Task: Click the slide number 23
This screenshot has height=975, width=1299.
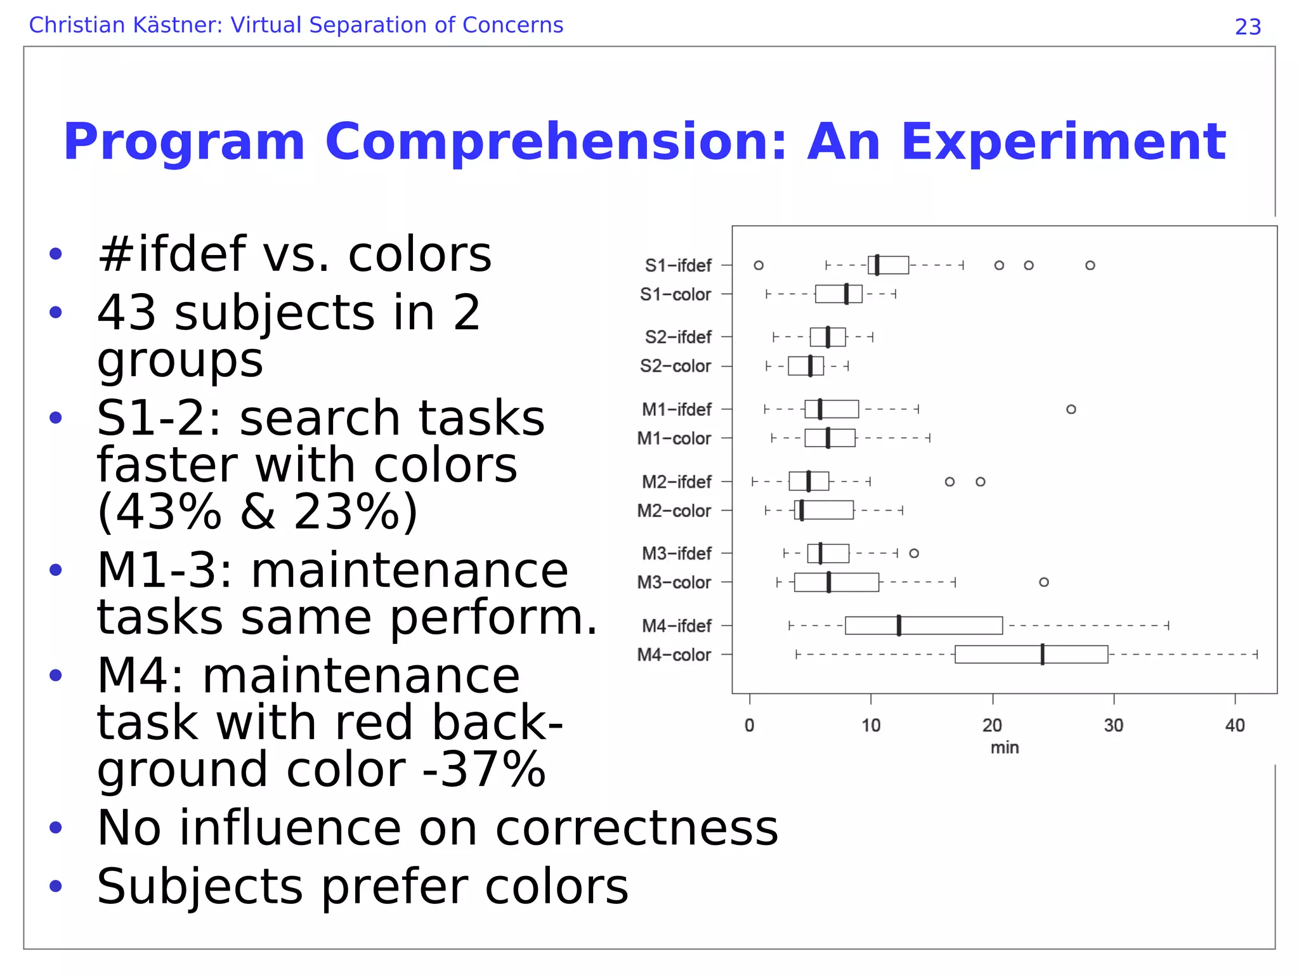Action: pos(1247,27)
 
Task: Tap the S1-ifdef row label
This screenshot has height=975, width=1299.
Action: pos(677,265)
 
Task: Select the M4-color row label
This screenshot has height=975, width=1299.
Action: pos(674,655)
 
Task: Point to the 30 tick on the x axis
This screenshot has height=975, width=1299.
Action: pos(1113,725)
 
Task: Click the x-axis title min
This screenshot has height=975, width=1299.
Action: pos(1004,748)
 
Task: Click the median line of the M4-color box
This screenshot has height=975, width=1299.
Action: pos(1042,654)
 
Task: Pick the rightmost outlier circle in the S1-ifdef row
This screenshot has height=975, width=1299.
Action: pos(1090,265)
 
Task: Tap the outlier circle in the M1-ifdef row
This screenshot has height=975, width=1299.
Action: pos(1071,409)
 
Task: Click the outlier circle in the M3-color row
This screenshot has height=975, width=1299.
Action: pos(1043,582)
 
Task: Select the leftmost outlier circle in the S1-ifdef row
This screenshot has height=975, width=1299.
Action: pos(759,265)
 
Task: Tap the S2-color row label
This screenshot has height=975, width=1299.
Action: pos(675,366)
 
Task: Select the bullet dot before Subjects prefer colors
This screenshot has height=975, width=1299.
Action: pos(56,886)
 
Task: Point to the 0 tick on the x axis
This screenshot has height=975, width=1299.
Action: pos(749,725)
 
